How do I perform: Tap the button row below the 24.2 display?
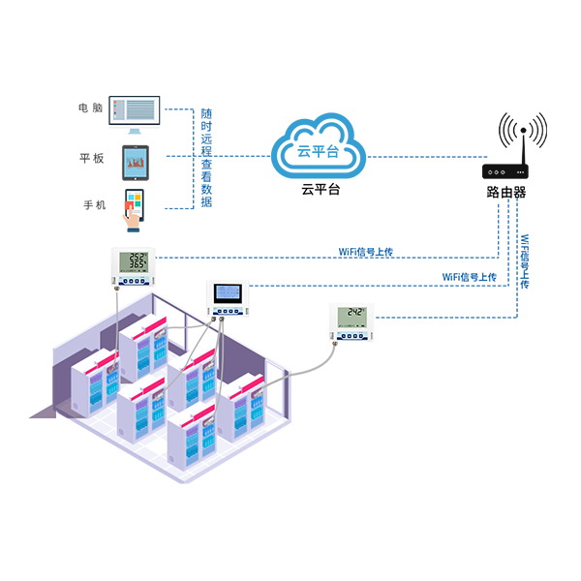352,334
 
